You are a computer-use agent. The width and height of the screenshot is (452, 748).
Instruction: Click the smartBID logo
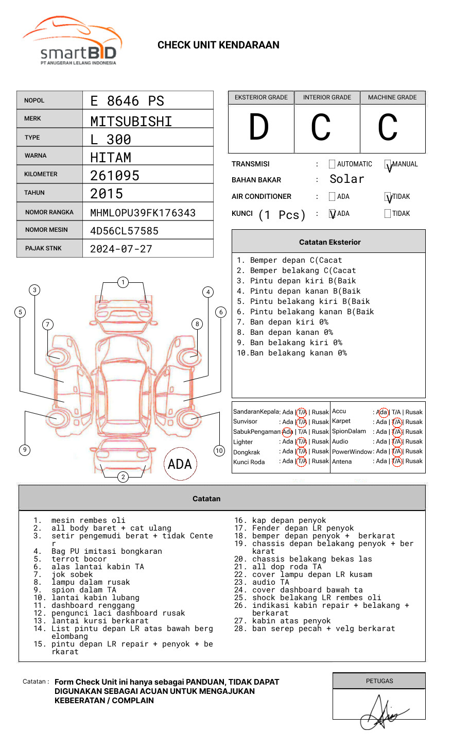pos(72,41)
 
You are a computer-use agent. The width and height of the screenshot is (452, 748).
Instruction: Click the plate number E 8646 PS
pos(127,101)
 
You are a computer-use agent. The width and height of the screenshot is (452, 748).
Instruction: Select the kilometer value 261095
pos(115,176)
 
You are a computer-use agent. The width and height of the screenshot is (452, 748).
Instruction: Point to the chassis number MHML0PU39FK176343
pos(143,213)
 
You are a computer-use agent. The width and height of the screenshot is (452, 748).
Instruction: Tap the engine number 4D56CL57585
pos(124,231)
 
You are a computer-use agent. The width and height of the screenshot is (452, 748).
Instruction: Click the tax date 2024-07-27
pos(121,249)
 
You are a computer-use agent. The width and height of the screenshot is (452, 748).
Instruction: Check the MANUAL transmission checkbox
pos(388,165)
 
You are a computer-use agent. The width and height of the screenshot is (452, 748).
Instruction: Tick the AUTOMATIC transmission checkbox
pos(332,164)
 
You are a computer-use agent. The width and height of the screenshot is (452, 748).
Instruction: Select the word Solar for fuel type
pos(346,179)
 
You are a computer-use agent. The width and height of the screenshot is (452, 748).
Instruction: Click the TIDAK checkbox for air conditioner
pos(388,197)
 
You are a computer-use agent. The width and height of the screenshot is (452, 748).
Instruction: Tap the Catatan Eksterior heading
pos(329,242)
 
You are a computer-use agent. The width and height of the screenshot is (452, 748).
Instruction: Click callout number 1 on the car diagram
pos(123,282)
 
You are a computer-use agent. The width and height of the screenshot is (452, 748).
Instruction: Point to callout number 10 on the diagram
pos(219,451)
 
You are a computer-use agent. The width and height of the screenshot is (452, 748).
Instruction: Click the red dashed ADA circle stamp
pos(180,464)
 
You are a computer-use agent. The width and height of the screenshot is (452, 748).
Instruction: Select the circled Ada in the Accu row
pos(382,412)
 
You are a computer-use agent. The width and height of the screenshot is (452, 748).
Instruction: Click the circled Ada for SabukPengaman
pos(287,432)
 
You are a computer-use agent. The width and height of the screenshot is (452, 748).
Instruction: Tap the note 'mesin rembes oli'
pos(88,521)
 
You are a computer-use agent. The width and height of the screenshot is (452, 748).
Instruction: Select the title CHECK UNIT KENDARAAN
pos(218,45)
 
